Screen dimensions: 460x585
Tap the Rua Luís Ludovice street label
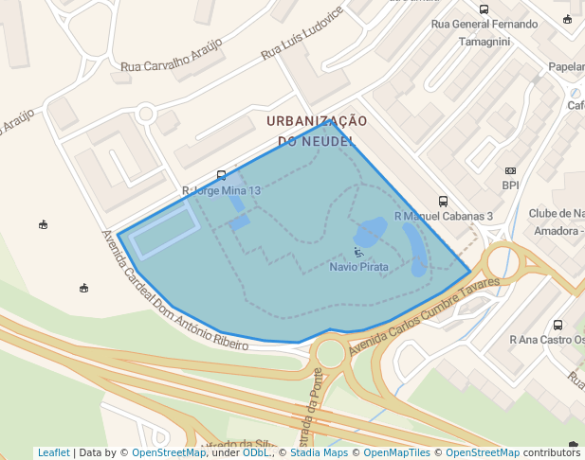302,37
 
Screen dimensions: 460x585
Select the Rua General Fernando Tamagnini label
484,32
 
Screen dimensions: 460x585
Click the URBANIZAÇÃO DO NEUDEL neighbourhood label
317,131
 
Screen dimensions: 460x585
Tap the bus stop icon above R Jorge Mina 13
221,175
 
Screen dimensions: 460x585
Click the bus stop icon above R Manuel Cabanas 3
443,201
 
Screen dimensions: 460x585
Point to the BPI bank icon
510,170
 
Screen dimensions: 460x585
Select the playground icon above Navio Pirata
358,252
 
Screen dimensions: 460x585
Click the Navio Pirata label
358,267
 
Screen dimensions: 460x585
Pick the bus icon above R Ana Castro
558,325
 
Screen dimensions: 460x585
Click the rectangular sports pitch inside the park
165,231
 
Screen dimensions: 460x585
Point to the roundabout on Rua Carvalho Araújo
145,114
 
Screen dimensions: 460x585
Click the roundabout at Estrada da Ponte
330,354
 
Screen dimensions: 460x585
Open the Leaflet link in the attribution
53,452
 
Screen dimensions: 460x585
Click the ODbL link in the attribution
256,452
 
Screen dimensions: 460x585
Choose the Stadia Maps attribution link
319,452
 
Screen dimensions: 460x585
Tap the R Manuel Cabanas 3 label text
443,217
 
